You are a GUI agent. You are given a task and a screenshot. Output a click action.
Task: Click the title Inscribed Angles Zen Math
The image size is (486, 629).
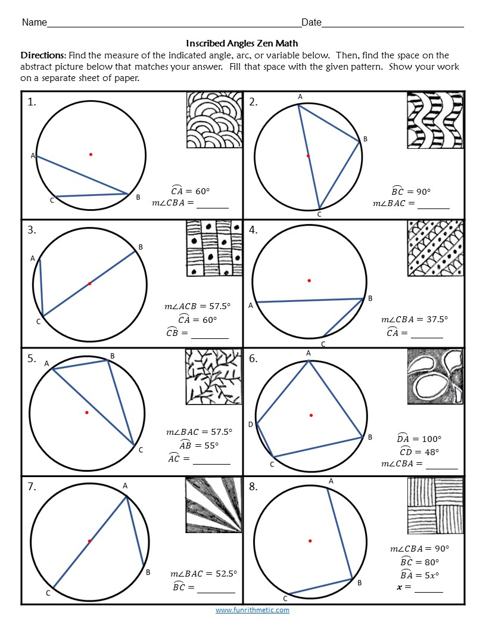242,43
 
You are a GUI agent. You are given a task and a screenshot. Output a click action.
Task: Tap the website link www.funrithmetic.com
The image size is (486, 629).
252,610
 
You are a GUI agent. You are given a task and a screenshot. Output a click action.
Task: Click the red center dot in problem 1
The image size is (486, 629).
91,154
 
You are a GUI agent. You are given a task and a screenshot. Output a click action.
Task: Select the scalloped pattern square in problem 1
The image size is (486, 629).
214,119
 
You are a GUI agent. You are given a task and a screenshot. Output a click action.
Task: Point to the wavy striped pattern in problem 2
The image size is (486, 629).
435,120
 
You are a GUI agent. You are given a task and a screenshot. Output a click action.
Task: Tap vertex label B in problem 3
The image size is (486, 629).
141,247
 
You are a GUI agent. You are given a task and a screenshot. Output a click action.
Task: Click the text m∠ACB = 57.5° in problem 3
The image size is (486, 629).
197,306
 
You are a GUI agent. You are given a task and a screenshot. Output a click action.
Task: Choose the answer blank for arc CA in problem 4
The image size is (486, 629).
426,334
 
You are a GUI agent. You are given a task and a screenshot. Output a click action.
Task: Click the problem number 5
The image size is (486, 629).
32,359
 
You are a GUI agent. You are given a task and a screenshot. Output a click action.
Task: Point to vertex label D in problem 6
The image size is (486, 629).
251,425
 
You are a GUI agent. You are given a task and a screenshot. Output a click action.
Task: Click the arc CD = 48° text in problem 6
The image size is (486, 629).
420,451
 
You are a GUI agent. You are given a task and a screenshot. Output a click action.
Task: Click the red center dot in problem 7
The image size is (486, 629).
89,541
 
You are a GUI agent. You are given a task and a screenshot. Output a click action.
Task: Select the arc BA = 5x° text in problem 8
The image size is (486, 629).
419,575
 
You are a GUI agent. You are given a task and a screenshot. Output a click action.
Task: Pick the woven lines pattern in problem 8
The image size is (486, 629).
435,505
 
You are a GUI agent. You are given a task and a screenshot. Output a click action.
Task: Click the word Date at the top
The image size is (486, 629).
311,23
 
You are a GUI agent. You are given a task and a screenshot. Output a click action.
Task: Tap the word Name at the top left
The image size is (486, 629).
34,23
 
